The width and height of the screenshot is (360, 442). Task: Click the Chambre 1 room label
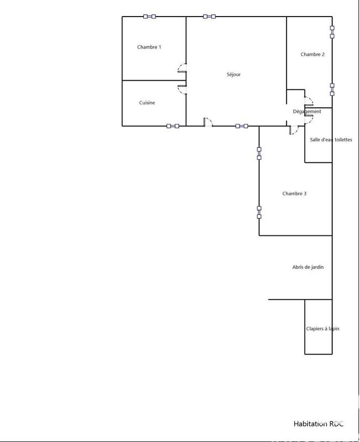pyautogui.click(x=149, y=47)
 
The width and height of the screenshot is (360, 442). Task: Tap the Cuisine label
pyautogui.click(x=147, y=103)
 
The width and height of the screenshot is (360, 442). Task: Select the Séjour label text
pyautogui.click(x=233, y=75)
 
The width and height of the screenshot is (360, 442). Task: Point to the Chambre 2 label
pyautogui.click(x=312, y=54)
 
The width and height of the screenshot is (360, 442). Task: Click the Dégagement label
pyautogui.click(x=307, y=112)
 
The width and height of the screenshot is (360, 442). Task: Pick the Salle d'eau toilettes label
pyautogui.click(x=331, y=140)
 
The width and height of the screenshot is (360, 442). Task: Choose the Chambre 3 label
pyautogui.click(x=294, y=193)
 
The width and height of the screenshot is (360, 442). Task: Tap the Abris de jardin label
pyautogui.click(x=308, y=267)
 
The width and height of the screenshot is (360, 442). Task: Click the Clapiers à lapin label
pyautogui.click(x=322, y=329)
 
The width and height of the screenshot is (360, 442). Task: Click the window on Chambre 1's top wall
pyautogui.click(x=149, y=17)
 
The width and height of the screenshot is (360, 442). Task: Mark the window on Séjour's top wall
pyautogui.click(x=209, y=17)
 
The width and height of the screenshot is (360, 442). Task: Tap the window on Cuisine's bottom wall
pyautogui.click(x=173, y=126)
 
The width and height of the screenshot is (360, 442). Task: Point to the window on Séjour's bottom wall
pyautogui.click(x=242, y=126)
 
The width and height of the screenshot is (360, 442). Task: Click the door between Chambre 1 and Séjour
pyautogui.click(x=182, y=69)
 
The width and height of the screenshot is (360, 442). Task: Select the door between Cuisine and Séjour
pyautogui.click(x=182, y=89)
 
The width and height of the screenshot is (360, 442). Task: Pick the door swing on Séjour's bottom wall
pyautogui.click(x=208, y=122)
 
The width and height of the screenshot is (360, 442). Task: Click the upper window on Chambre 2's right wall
pyautogui.click(x=332, y=32)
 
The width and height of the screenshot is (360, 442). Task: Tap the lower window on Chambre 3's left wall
pyautogui.click(x=259, y=212)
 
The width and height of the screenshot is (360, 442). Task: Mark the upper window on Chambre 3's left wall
pyautogui.click(x=259, y=152)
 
